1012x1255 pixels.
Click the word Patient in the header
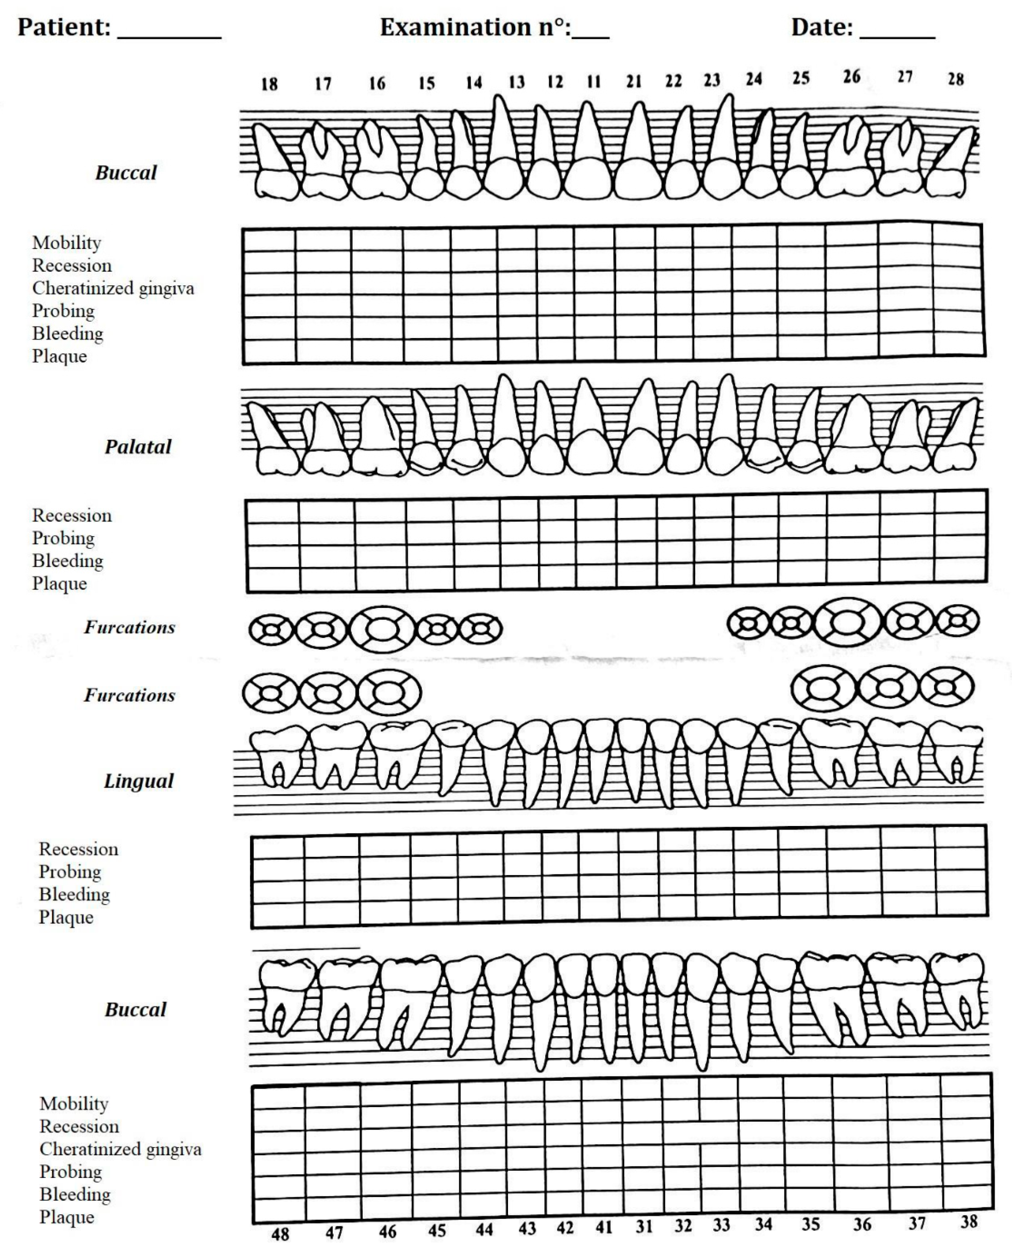[64, 27]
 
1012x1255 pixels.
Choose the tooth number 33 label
[721, 1225]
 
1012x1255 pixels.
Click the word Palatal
[138, 447]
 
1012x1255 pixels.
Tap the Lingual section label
[139, 781]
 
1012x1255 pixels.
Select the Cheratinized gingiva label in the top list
[113, 288]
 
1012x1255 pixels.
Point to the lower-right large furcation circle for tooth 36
[824, 689]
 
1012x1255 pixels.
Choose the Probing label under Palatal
[63, 538]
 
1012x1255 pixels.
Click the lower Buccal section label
[135, 1010]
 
